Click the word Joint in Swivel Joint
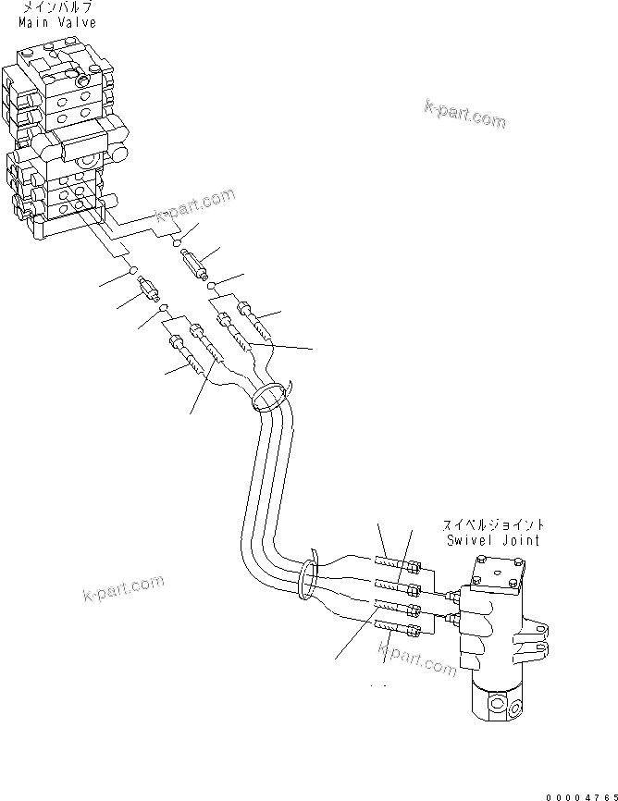click(520, 539)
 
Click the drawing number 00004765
click(580, 795)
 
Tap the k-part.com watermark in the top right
click(465, 114)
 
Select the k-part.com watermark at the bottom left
click(123, 587)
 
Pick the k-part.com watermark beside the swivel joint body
click(418, 658)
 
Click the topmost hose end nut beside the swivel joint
click(414, 567)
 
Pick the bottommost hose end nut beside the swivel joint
click(414, 632)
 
